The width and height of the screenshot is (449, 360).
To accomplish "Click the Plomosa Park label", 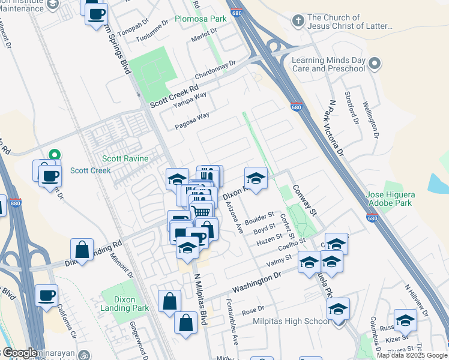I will (200, 19).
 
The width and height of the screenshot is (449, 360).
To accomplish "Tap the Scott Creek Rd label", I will (174, 95).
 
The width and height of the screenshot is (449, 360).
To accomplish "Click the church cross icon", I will (297, 21).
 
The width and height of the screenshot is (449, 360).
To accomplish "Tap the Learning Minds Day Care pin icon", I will (375, 64).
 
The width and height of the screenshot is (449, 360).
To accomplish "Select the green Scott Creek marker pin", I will (54, 155).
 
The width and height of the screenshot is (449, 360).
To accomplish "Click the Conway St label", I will (304, 199).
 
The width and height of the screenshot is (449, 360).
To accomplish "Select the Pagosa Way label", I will (192, 120).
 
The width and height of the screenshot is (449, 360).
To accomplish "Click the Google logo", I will (20, 353).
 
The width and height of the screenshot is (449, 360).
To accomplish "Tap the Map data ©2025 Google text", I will (411, 355).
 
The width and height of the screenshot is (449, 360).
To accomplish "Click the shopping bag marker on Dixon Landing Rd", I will (82, 250).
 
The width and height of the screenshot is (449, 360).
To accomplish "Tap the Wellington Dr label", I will (372, 116).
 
